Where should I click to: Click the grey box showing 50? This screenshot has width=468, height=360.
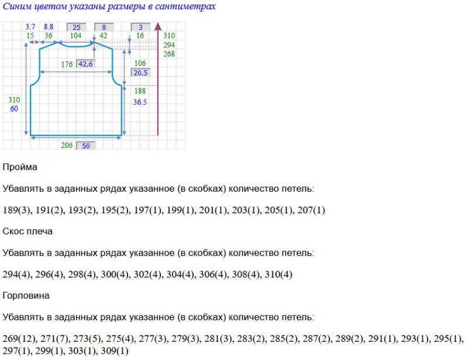86,146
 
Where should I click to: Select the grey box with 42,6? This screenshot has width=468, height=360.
85,64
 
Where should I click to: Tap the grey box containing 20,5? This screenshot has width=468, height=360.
140,73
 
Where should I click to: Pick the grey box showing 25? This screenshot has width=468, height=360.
77,27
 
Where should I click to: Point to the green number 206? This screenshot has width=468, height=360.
67,146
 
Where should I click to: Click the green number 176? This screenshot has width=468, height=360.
67,64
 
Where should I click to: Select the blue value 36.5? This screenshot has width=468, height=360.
140,101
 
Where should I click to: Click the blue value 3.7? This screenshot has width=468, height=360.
31,27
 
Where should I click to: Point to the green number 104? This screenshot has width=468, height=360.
75,36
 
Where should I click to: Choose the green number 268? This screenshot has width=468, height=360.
169,54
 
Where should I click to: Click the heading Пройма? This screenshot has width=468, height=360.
20,167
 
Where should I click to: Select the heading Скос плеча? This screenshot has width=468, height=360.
27,231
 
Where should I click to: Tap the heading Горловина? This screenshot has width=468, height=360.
26,296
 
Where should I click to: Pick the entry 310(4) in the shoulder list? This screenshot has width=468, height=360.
279,275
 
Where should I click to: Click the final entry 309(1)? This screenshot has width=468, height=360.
115,351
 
